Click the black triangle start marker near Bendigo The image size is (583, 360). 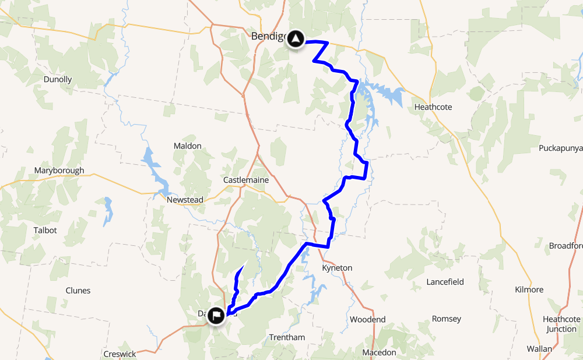click(297, 40)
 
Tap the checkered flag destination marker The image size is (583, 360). click(216, 316)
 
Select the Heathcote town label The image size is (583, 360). click(433, 107)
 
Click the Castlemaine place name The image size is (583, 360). click(246, 180)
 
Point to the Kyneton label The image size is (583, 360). click(337, 268)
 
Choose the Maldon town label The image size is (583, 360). click(187, 146)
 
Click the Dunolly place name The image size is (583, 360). click(58, 79)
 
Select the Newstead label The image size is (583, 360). click(185, 200)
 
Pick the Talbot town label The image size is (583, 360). click(45, 230)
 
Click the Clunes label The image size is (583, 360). click(78, 290)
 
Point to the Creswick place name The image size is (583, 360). click(120, 354)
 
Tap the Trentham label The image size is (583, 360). click(287, 337)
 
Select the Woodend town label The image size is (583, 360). click(367, 320)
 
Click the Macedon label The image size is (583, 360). click(379, 352)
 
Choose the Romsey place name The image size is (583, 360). click(446, 319)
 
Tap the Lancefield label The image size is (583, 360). click(445, 282)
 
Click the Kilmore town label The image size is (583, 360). click(529, 290)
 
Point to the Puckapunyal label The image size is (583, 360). click(560, 148)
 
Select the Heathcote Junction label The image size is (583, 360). click(561, 324)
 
